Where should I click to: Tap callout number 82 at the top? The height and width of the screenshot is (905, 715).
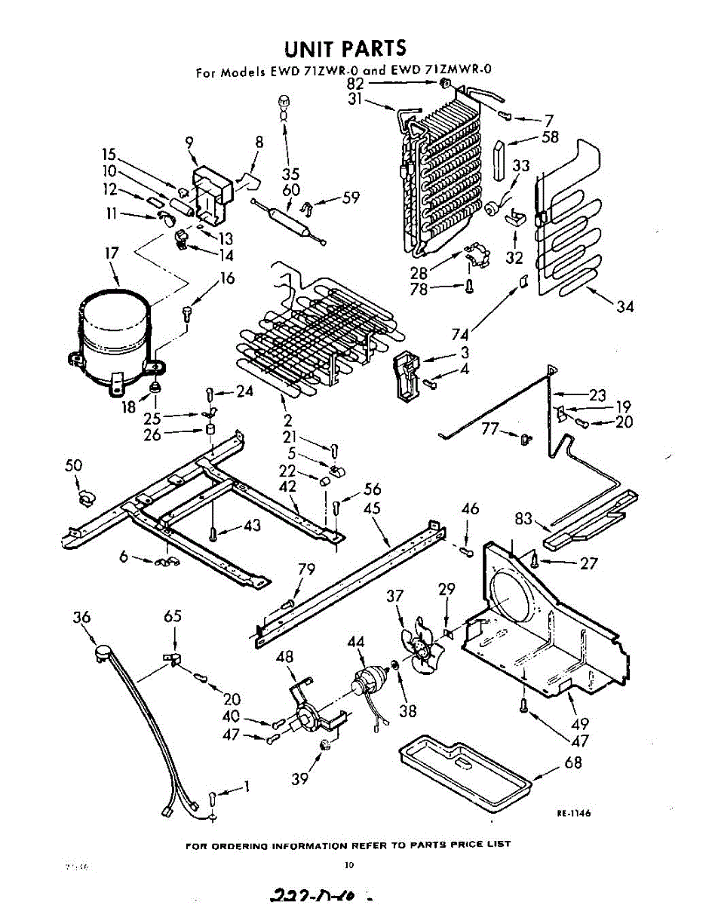[x=355, y=84]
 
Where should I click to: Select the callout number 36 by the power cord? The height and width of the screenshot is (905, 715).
[x=82, y=618]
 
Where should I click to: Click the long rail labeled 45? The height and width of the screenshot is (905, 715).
[x=347, y=581]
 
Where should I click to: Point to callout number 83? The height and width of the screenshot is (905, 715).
[x=525, y=518]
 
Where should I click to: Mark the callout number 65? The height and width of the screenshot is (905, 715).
[x=173, y=616]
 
